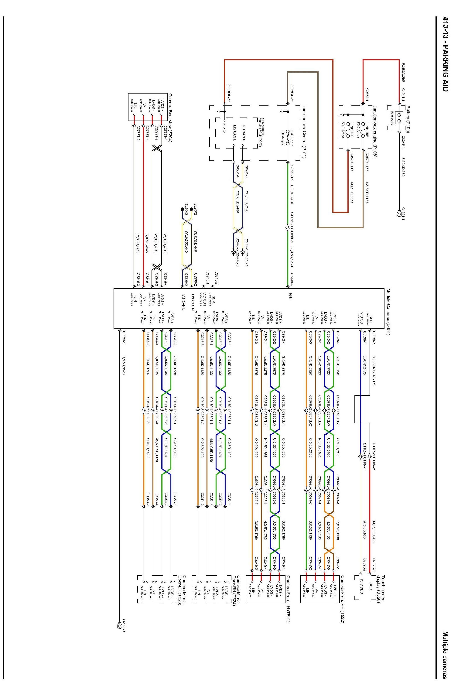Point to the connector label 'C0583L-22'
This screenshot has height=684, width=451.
coord(229,93)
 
